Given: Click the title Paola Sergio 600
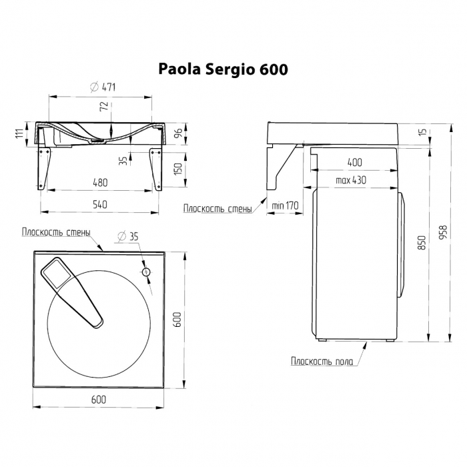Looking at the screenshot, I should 223,69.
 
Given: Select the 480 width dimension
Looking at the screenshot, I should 100,182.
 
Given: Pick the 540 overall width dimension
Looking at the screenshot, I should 100,205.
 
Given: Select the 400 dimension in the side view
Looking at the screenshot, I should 355,162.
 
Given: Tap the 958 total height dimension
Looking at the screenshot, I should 443,231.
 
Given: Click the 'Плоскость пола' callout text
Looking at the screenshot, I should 322,361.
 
